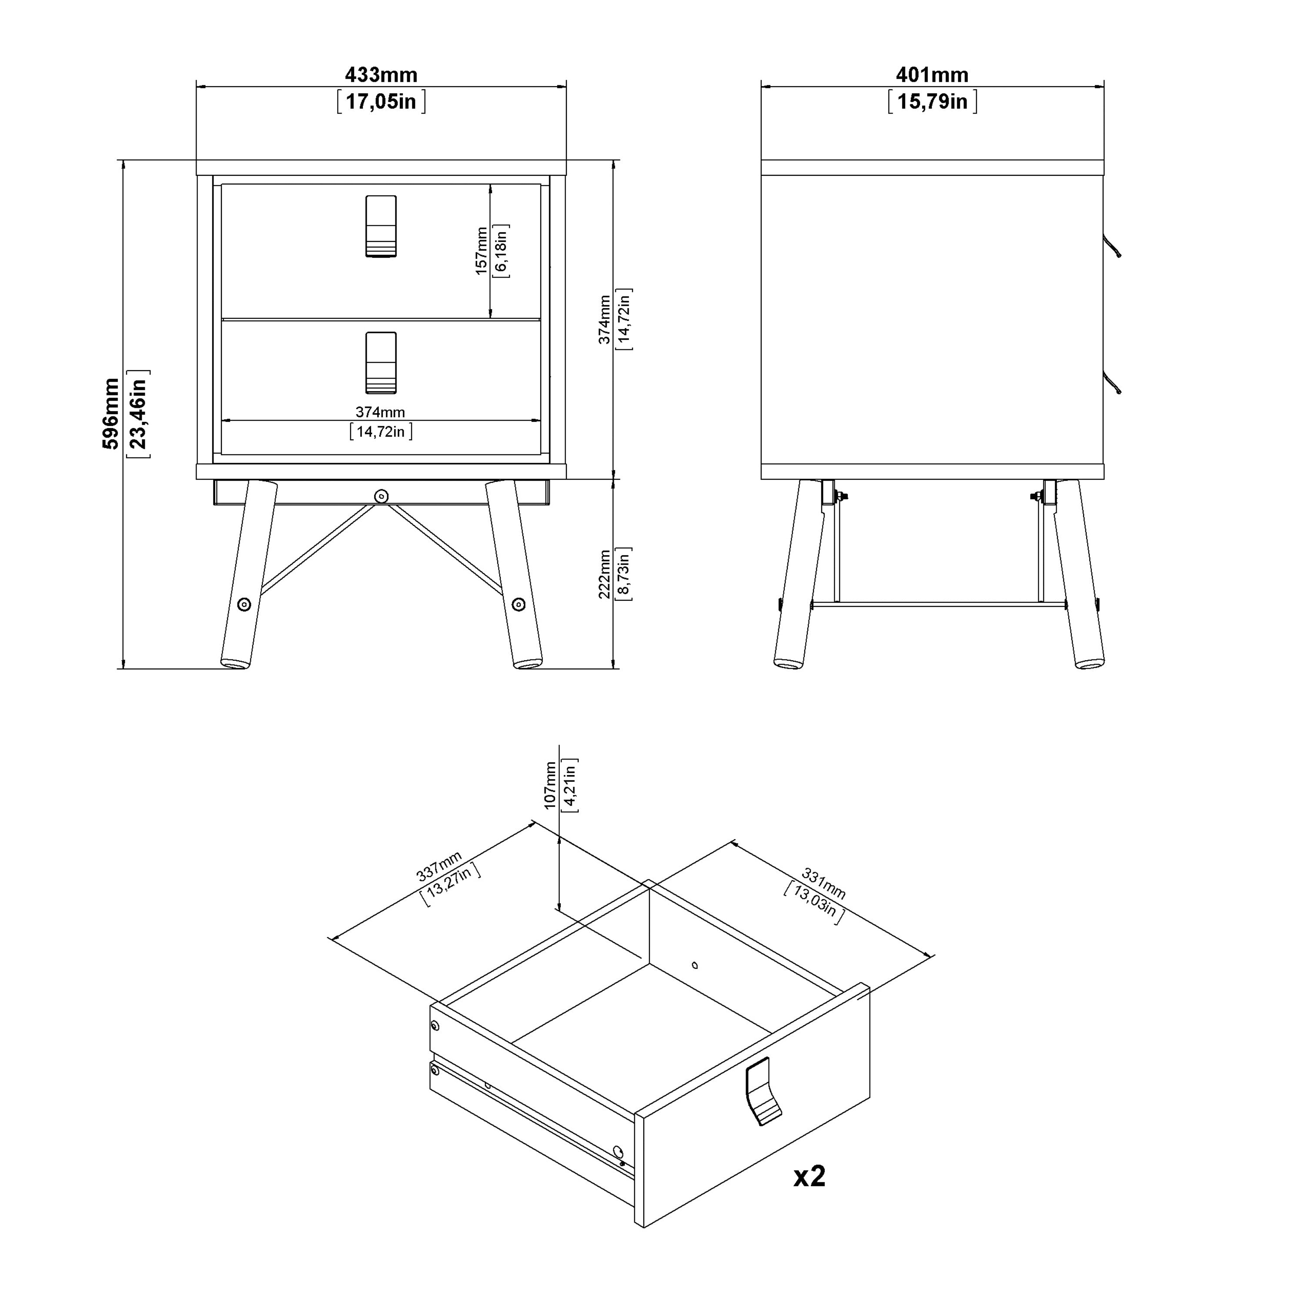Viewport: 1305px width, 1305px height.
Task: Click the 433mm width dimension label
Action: point(381,74)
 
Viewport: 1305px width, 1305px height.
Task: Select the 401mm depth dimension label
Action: point(932,74)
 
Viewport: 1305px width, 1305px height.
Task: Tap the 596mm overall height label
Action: point(111,413)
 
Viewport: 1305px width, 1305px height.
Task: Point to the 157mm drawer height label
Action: point(481,251)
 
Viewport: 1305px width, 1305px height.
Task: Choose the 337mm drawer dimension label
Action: point(439,867)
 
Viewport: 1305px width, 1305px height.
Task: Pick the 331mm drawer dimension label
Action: point(823,883)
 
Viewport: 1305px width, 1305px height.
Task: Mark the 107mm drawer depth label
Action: point(550,785)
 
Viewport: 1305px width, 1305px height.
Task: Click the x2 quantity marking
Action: point(809,1176)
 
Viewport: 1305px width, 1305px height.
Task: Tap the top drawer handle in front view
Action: point(381,226)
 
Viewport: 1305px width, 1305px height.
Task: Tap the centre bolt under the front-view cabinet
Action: point(381,496)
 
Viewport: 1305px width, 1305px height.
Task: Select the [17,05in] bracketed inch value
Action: point(381,102)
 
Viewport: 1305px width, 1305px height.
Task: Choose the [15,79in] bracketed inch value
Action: point(933,102)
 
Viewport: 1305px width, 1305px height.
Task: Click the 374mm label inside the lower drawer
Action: point(380,412)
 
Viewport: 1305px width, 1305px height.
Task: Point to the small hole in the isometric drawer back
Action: point(695,965)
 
